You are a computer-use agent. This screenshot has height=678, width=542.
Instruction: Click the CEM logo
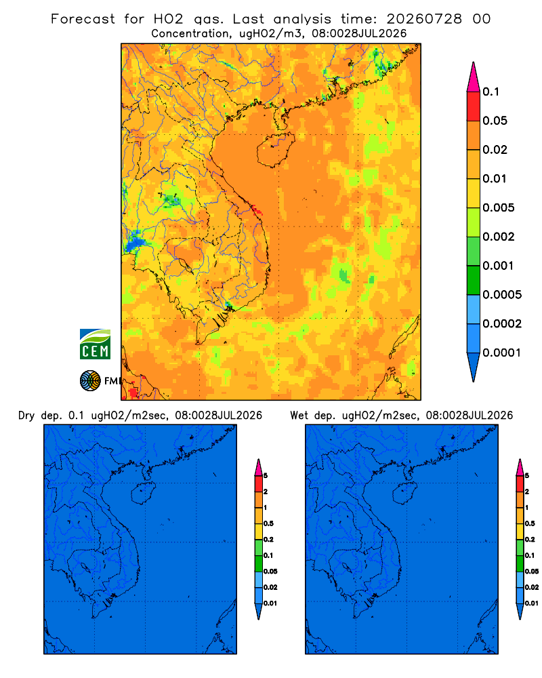[95, 344]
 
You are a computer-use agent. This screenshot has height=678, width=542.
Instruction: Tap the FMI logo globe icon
[90, 380]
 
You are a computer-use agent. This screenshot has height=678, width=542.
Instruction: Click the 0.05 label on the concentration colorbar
[495, 121]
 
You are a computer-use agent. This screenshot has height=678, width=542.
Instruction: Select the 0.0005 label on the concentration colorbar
[502, 295]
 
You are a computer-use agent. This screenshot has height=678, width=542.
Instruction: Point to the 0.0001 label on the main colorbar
[502, 353]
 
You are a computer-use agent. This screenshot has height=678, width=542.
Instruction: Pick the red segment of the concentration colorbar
[474, 106]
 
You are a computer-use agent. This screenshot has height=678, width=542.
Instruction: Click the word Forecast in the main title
[83, 19]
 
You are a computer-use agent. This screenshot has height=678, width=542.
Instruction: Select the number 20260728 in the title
[424, 19]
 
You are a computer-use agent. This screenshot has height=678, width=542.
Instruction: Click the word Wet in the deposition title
[299, 416]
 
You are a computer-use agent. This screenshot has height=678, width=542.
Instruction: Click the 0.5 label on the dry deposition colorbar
[268, 523]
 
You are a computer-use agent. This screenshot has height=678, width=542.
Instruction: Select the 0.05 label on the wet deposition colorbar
[532, 572]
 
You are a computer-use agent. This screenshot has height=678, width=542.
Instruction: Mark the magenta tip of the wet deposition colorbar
[520, 468]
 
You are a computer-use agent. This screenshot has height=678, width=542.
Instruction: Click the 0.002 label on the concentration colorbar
[499, 237]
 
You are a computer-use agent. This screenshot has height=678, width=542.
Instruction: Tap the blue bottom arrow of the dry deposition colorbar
[258, 612]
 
